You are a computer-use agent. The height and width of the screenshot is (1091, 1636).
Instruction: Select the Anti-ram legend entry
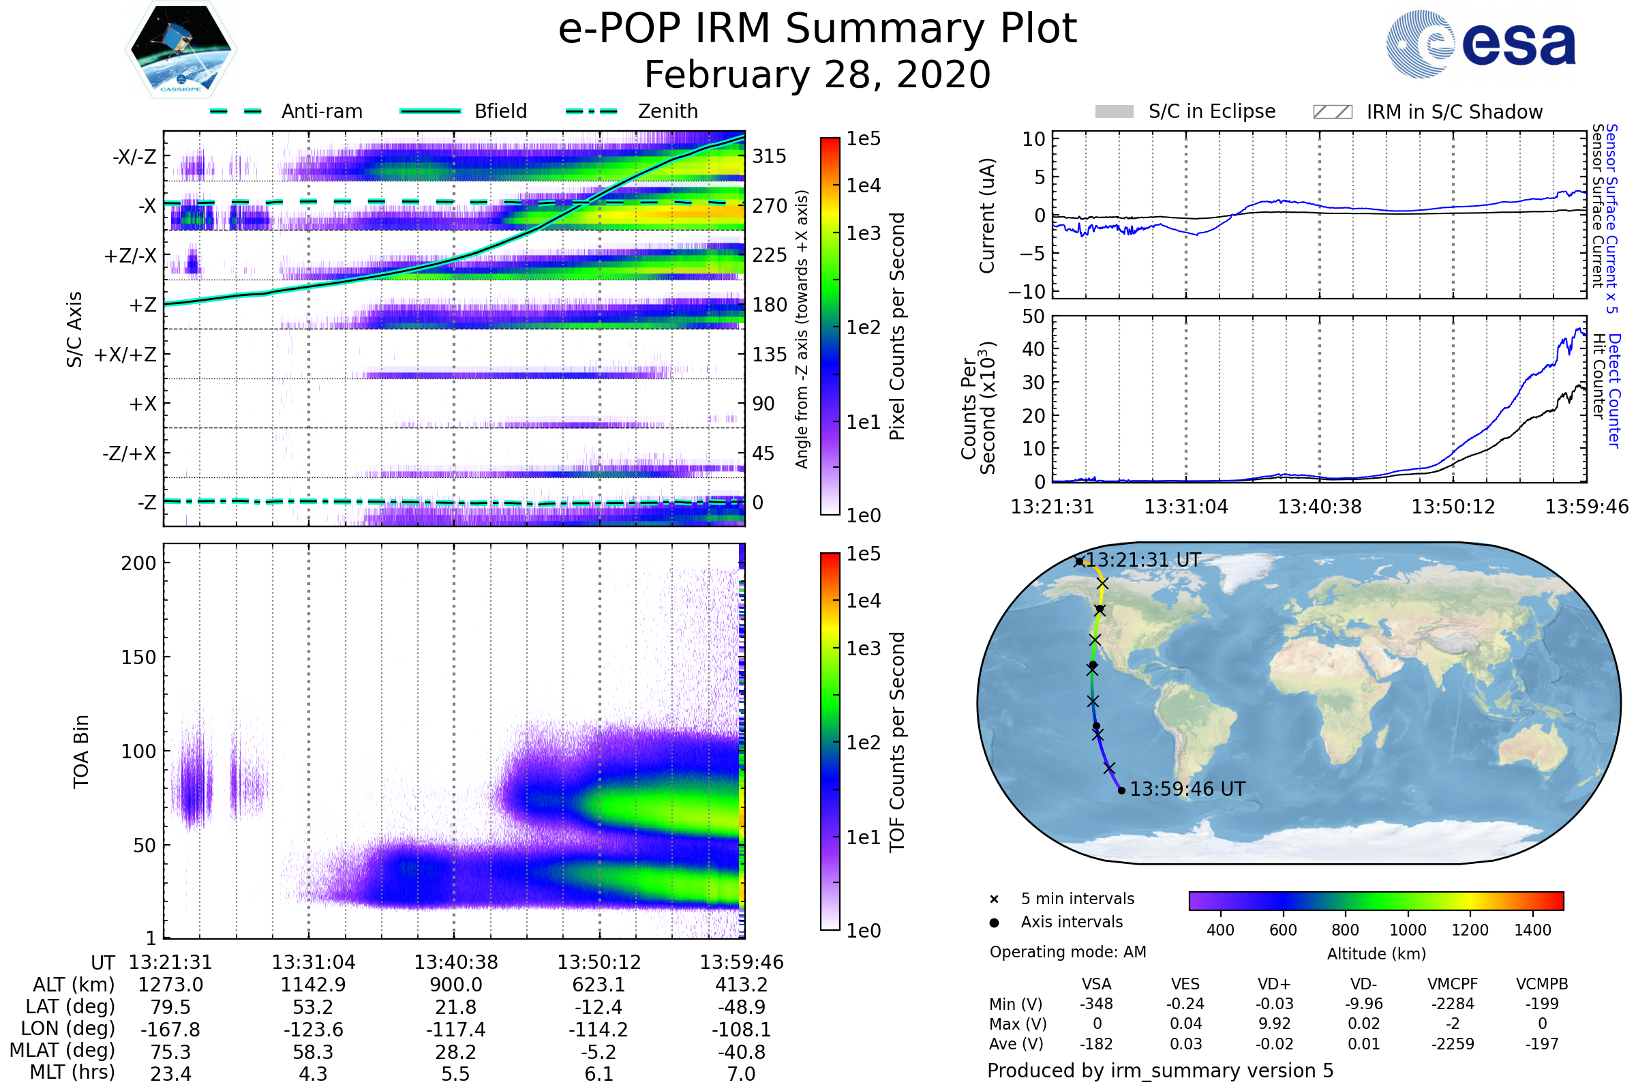pos(321,111)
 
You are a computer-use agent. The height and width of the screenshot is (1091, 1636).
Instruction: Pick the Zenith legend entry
pos(667,111)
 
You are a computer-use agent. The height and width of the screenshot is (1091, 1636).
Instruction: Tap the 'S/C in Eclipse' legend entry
pos(1211,111)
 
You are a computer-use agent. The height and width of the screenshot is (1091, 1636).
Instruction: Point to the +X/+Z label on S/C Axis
pos(125,355)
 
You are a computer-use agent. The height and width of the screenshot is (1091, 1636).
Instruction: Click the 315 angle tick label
pos(769,157)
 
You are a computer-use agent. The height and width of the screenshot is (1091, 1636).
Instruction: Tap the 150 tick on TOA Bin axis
pos(138,657)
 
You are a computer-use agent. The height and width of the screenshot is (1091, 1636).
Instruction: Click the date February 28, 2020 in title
pos(817,74)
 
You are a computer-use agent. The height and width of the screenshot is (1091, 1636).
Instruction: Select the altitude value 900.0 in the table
pos(455,985)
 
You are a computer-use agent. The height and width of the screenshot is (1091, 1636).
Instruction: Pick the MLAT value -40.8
pos(741,1051)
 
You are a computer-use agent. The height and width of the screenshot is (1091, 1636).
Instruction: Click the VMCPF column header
pos(1453,984)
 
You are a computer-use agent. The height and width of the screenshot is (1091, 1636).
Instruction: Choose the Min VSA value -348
pos(1096,1004)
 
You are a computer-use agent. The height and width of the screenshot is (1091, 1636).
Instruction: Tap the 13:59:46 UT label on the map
pos(1187,789)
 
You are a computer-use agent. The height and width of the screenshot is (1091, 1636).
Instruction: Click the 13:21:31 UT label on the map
pos(1143,560)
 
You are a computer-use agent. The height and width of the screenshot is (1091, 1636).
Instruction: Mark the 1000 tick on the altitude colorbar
pos(1408,930)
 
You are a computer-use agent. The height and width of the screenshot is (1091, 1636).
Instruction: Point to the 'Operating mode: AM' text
pos(1067,952)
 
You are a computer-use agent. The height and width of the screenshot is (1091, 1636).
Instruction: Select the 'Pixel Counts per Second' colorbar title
pos(897,326)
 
